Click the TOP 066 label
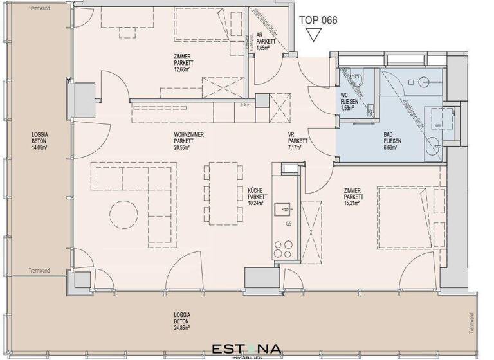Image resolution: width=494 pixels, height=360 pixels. (318, 19)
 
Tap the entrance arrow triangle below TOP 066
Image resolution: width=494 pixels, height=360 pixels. (312, 35)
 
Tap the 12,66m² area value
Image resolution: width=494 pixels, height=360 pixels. (183, 71)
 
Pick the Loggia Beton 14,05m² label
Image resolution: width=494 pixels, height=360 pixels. (40, 140)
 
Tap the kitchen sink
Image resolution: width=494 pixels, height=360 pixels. (282, 210)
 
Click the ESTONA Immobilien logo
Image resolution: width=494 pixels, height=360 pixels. (246, 350)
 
